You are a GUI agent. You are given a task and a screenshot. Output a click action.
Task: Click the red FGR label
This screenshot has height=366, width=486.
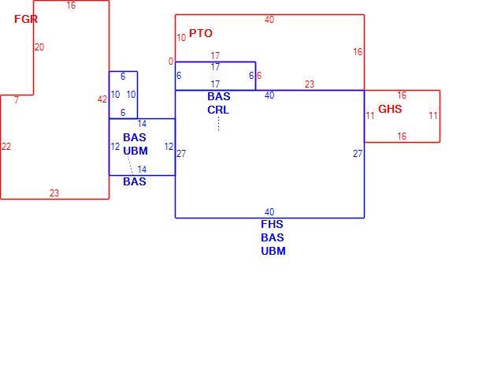coord(26,19)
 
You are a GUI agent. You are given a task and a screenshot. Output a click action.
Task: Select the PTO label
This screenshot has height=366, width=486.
coord(201,33)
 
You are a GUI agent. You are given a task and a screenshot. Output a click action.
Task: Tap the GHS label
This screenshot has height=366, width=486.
coord(390,109)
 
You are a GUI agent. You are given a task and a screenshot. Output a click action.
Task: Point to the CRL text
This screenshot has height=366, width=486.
coord(218,110)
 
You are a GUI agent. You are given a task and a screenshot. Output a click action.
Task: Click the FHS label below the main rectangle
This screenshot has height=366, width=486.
coord(272,224)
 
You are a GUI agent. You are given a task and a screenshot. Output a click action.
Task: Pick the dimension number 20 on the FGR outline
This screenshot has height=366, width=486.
coord(39,47)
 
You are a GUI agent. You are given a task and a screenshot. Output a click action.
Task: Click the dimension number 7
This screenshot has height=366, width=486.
coord(17,99)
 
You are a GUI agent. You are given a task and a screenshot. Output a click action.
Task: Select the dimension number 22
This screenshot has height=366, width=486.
coord(6,146)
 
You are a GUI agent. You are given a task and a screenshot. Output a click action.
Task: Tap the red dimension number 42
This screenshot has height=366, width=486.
coord(102,99)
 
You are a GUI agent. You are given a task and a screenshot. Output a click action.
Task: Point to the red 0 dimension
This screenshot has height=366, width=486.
coord(171,62)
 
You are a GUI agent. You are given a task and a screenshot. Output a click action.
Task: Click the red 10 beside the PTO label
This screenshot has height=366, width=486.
coord(181,38)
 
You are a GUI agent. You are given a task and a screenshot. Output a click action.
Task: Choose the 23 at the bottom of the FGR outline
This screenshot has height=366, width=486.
coord(54,193)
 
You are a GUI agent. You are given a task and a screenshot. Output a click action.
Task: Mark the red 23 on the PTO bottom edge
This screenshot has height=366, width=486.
coord(310,84)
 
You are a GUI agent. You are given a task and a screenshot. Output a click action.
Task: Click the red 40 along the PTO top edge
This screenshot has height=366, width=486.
coord(269,20)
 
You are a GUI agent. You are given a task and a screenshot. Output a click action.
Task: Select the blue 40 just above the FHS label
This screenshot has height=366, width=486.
coord(269,211)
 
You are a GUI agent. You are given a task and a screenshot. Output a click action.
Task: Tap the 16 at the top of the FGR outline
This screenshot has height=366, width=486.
coord(71,6)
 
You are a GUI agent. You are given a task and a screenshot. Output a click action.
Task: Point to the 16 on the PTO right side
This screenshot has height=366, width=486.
coord(358,52)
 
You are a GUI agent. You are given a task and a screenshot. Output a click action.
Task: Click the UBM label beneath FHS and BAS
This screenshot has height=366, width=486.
coord(273,251)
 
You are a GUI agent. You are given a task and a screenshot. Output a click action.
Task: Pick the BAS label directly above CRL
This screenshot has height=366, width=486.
coord(219,96)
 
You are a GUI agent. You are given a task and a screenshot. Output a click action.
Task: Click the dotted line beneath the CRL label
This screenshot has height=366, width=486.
coord(218,124)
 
